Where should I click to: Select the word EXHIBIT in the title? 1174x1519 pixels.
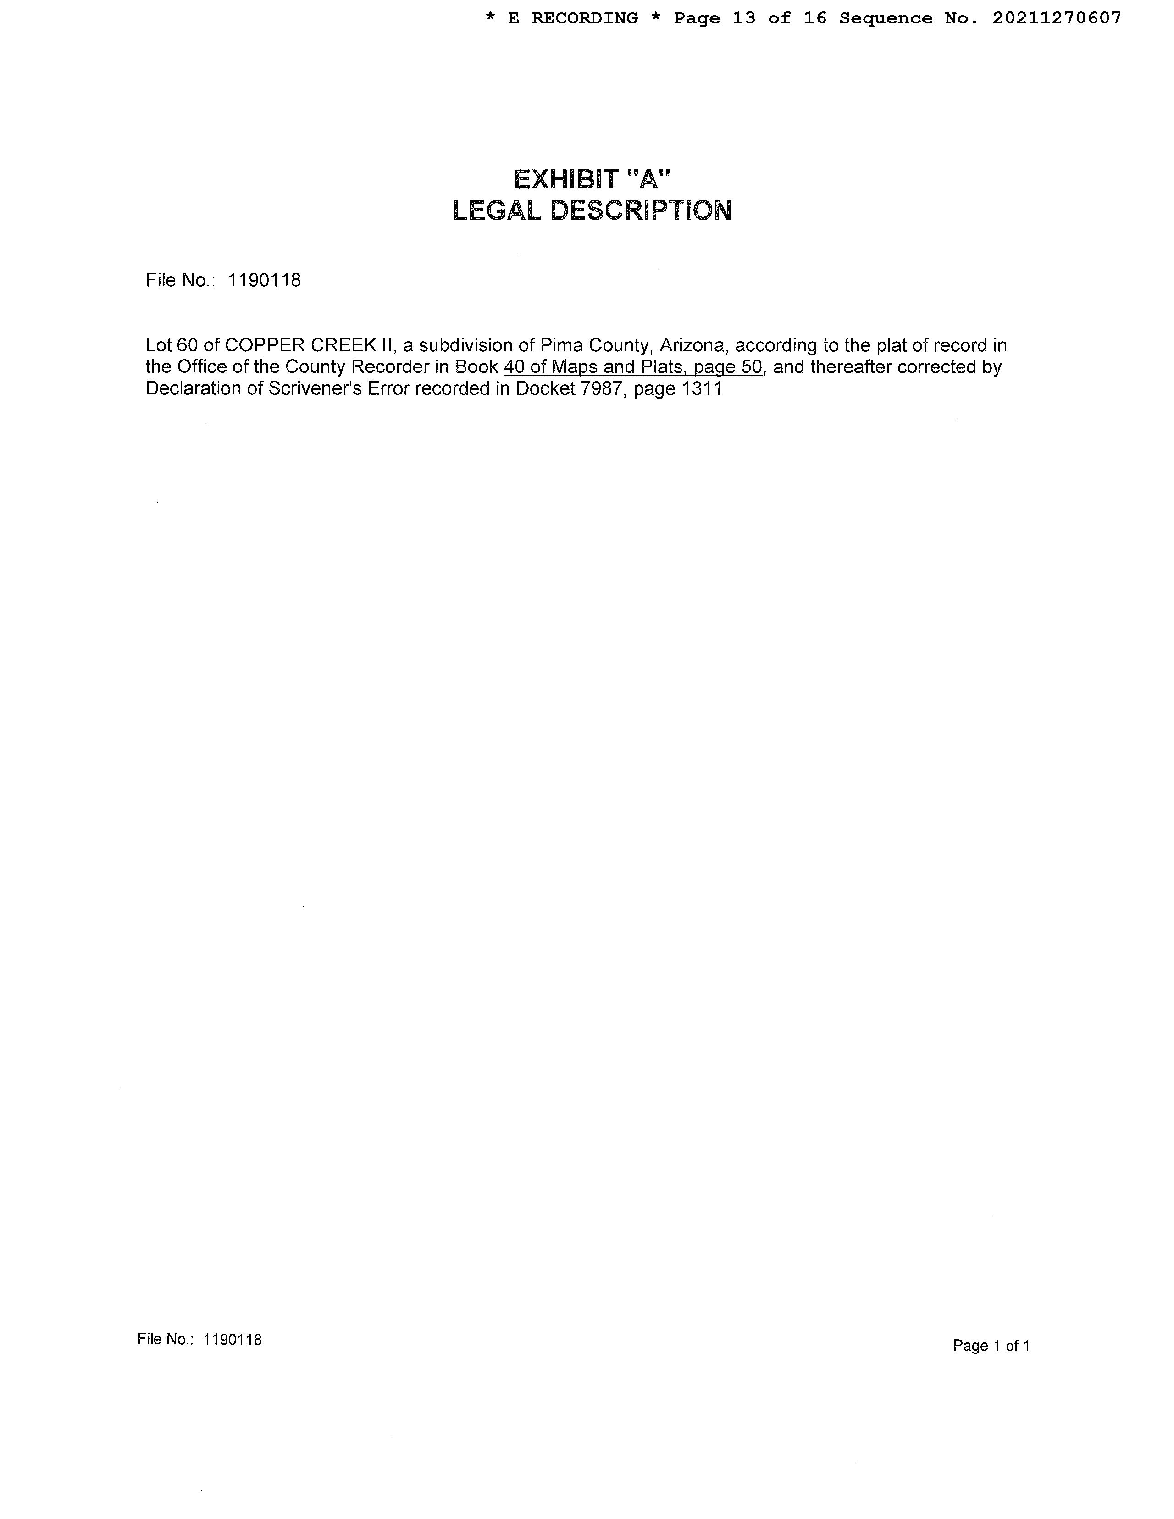[x=565, y=180]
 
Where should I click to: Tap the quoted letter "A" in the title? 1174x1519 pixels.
[x=648, y=180]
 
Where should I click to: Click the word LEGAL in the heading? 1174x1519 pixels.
[x=497, y=211]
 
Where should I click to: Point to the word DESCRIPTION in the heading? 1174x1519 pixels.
[x=641, y=211]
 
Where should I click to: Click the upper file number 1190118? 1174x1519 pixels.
[x=264, y=280]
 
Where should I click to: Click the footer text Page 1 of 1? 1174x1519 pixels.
[x=991, y=1346]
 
